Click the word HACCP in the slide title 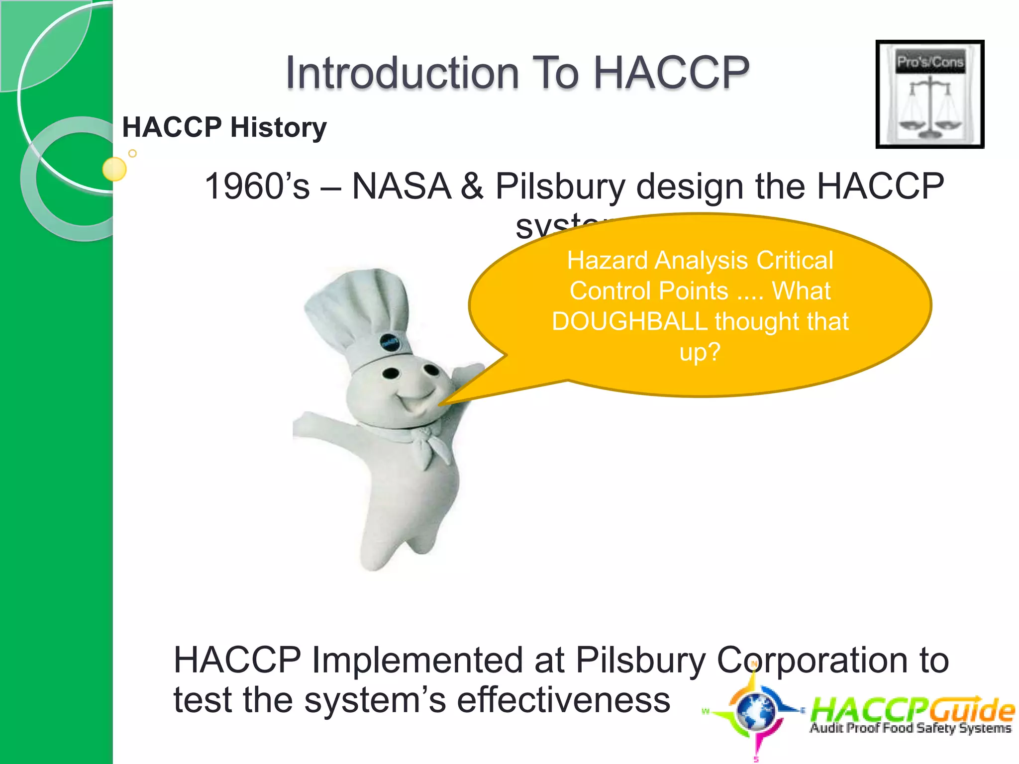[x=671, y=73]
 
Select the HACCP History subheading [x=224, y=127]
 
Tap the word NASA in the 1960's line [x=401, y=187]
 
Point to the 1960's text [x=257, y=187]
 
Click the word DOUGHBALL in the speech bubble [x=629, y=321]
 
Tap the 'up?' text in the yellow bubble [x=700, y=352]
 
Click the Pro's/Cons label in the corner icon [x=930, y=62]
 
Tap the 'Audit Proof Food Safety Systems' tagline [x=911, y=728]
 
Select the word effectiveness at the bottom [x=563, y=700]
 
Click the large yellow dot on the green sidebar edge [x=114, y=169]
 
